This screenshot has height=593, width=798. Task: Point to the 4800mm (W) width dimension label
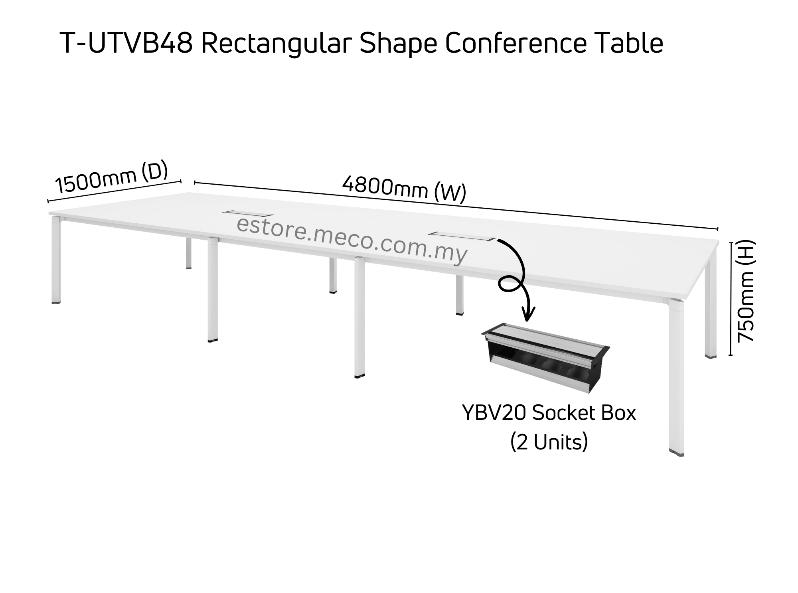point(404,189)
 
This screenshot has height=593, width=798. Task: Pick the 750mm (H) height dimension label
point(746,291)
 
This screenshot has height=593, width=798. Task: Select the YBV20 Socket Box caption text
point(549,414)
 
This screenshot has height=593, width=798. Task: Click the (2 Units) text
point(549,442)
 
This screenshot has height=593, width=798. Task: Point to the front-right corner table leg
point(676,375)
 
